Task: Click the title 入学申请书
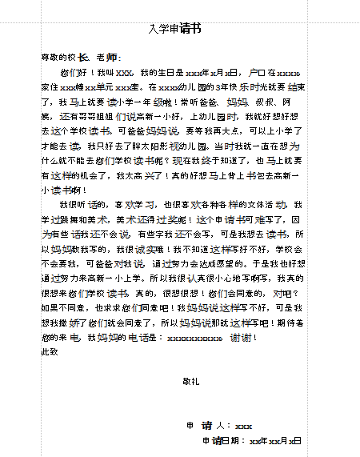175,30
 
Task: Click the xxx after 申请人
243,425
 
